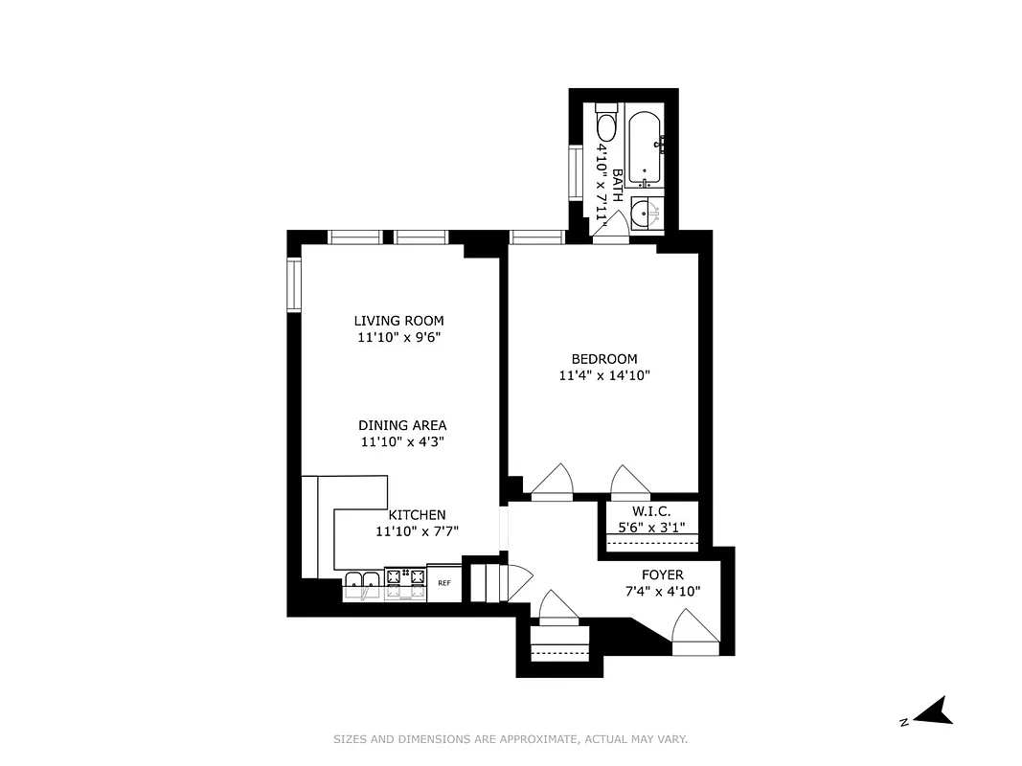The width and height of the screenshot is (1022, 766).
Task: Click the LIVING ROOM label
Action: coord(398,321)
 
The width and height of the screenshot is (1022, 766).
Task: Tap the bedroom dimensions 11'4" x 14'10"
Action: coord(604,376)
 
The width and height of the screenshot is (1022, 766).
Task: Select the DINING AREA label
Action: coord(402,425)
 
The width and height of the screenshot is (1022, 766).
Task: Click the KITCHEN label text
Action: coord(417,515)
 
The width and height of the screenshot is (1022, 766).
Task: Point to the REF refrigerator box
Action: coord(444,582)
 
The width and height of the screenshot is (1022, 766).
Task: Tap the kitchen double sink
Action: coord(363,584)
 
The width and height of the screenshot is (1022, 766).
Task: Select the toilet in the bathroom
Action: coord(606,125)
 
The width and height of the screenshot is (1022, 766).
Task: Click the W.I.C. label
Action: coord(650,512)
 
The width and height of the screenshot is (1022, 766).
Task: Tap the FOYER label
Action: coord(662,574)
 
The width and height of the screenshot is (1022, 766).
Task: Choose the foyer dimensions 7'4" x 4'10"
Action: coord(662,591)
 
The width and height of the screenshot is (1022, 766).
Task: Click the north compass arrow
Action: coord(930,710)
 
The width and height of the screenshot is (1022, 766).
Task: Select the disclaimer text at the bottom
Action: coord(511,739)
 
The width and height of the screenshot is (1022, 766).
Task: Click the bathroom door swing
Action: coord(615,223)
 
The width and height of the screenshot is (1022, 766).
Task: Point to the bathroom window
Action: coord(575,173)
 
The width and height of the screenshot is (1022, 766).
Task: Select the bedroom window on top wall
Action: coord(536,237)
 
